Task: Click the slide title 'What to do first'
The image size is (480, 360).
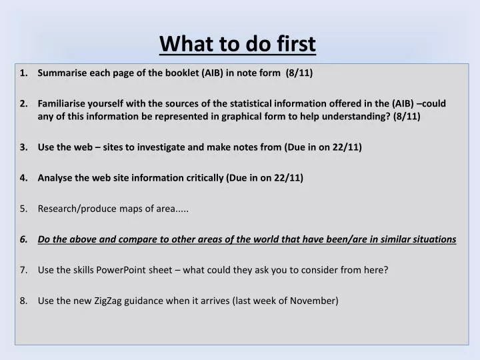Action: pyautogui.click(x=238, y=44)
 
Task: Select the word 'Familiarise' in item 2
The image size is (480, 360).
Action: pyautogui.click(x=63, y=103)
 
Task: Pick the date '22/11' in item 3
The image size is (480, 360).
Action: pyautogui.click(x=347, y=147)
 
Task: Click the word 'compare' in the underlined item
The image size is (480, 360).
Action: pyautogui.click(x=126, y=239)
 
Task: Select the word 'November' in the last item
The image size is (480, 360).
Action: pyautogui.click(x=315, y=300)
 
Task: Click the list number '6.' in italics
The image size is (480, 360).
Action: pyautogui.click(x=24, y=239)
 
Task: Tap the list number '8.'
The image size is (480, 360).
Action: pyautogui.click(x=24, y=300)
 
